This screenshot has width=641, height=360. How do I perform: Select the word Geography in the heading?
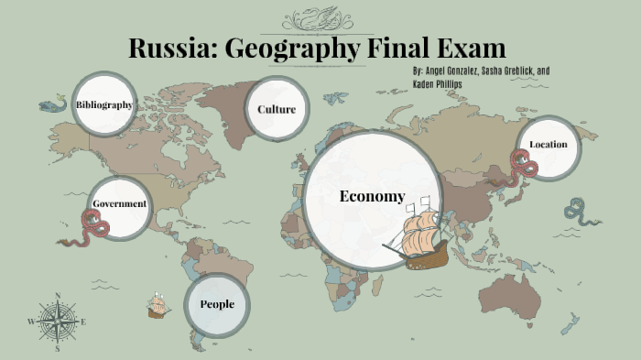pos(292,49)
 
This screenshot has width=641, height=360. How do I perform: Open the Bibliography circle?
pos(104,104)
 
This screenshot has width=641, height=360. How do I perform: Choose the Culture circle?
pos(276,110)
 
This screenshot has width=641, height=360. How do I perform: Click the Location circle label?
pos(549,145)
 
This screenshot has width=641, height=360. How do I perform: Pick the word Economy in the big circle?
pos(371,196)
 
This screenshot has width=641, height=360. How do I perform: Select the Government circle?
pos(120,203)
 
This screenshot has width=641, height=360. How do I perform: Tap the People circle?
pos(217,304)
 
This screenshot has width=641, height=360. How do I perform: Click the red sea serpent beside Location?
pos(525,168)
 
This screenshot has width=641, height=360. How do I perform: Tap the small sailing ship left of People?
pos(158,307)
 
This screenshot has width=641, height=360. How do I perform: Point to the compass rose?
pos(57,322)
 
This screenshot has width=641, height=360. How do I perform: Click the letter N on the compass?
pos(57,296)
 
